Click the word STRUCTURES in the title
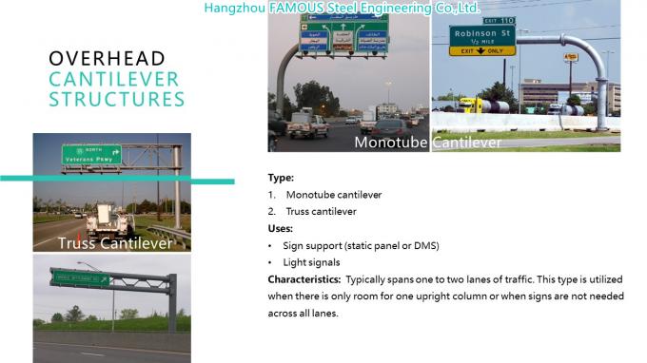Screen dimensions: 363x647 117,99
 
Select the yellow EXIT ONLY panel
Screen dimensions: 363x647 481,51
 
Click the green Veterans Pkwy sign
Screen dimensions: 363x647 91,154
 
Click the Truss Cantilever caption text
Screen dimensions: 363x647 115,244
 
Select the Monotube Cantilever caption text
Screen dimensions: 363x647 427,143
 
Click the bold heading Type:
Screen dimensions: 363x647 281,178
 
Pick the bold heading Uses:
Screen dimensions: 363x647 281,228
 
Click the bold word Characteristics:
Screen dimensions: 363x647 304,279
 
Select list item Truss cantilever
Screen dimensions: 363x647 321,211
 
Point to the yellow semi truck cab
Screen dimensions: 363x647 466,104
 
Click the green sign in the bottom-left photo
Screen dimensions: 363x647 81,278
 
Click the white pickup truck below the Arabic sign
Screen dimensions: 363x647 307,125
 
